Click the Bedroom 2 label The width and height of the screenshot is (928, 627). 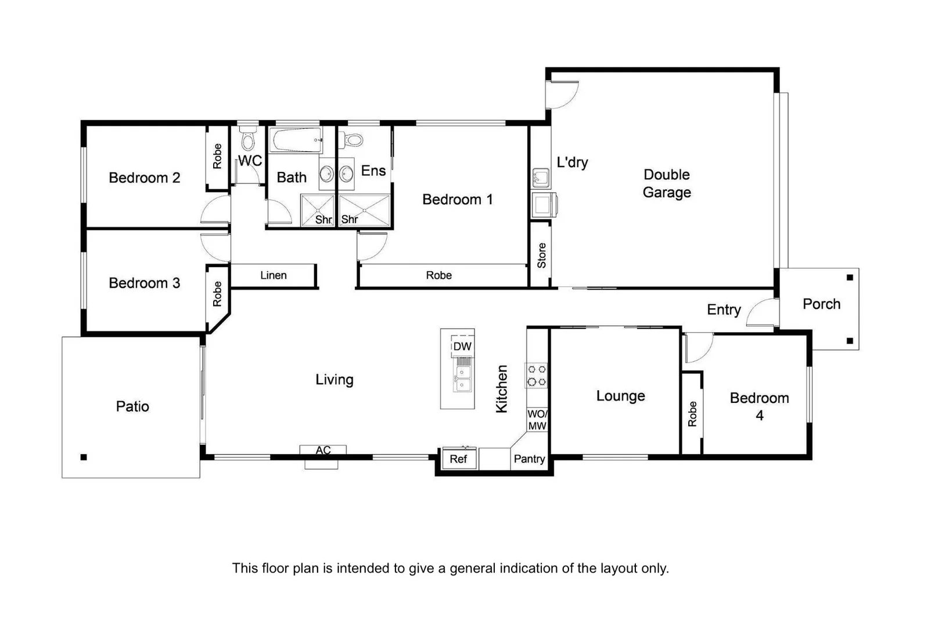pos(144,178)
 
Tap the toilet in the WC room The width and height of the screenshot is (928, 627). pos(248,139)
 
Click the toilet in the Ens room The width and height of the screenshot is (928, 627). pos(353,140)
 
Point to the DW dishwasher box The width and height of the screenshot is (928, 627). pos(462,347)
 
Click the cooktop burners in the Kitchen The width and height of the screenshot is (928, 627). pos(536,375)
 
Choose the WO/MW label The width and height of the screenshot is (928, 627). pos(537,420)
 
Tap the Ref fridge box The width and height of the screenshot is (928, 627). pos(458,459)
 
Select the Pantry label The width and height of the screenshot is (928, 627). pos(529,459)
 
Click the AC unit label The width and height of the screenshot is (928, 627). pos(323,450)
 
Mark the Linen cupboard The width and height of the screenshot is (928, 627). pos(273,275)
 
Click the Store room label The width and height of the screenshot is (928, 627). pos(541,255)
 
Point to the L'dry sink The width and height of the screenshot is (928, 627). pos(541,176)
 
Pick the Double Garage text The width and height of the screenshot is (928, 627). pos(667,183)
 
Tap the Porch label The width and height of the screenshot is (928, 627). pos(821,304)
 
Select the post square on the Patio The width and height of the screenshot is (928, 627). pos(84,457)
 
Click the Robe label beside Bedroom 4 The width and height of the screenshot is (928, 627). pos(692,413)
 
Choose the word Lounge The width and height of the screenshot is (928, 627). pos(620,396)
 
